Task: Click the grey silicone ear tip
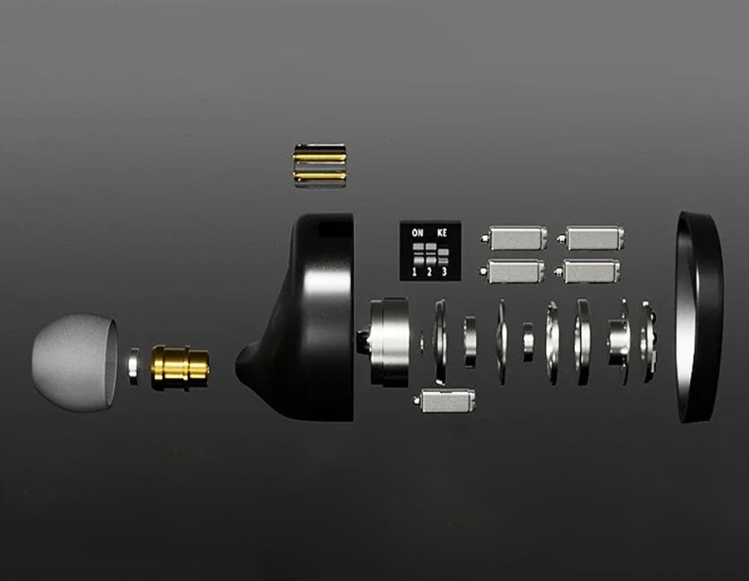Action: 74,362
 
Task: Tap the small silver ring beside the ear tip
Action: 134,366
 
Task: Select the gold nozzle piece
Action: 180,368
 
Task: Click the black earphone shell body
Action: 301,318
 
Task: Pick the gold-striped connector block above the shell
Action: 320,166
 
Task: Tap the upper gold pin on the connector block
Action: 320,156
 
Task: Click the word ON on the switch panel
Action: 418,233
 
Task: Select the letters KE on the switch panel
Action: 442,233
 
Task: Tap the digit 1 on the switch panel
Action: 414,272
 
